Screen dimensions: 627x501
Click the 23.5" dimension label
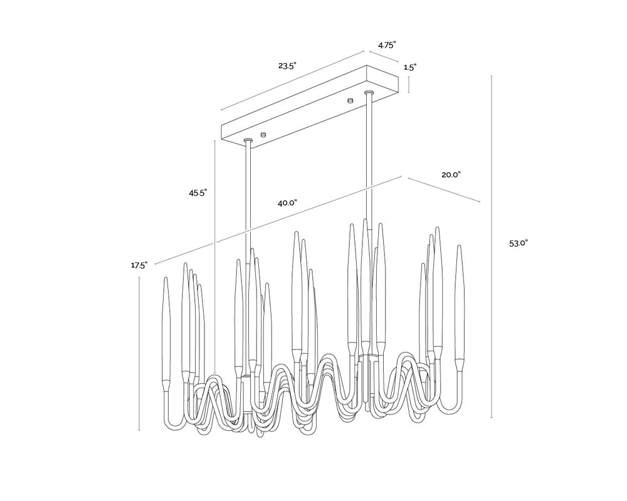tap(287, 66)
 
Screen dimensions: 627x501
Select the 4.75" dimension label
tap(387, 44)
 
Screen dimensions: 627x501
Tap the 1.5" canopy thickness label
tap(410, 68)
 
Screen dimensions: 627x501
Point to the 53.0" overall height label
tap(519, 244)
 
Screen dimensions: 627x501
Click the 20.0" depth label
tap(451, 175)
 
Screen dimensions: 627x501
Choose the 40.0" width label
tap(287, 203)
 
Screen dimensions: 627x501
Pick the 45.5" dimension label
tap(198, 193)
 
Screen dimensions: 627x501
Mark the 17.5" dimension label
tap(139, 265)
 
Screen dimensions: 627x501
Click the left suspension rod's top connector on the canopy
tap(248, 141)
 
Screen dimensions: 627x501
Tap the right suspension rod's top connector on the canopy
tap(369, 93)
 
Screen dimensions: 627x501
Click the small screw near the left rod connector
tap(263, 134)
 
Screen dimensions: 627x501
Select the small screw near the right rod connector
tap(350, 100)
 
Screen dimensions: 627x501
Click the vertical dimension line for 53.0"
tap(492, 247)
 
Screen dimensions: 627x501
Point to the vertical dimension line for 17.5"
tap(139, 354)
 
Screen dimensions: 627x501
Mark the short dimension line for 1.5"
tap(409, 85)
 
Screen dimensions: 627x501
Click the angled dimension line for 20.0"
tap(443, 189)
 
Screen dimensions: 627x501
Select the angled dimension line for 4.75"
tap(384, 56)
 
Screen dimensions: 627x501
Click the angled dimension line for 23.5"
tap(292, 80)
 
